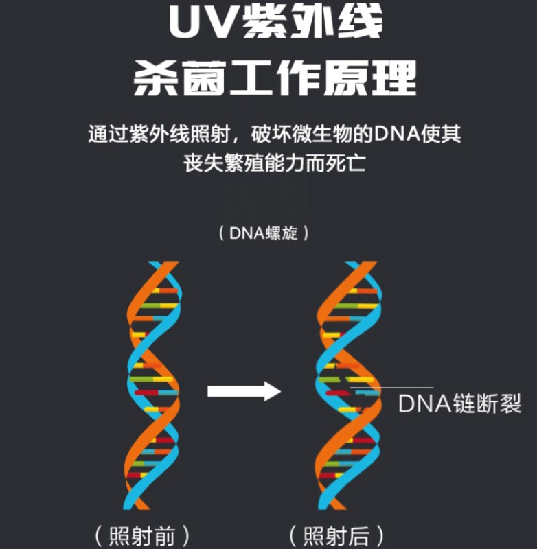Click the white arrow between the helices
click(244, 392)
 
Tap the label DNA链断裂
click(459, 404)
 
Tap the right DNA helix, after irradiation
click(346, 384)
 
